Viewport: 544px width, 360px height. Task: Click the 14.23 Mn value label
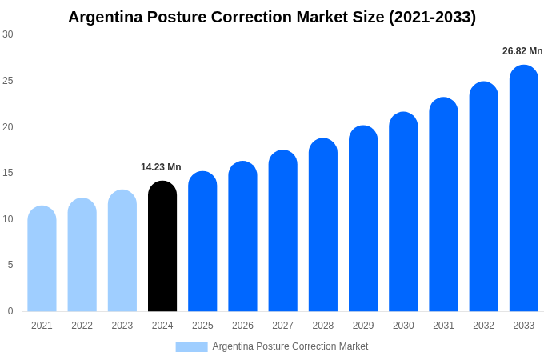point(161,167)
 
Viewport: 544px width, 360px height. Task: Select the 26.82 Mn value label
point(522,51)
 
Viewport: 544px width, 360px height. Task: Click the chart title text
point(272,17)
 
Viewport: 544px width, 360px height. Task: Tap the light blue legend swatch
point(191,346)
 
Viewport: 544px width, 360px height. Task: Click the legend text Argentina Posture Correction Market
point(290,346)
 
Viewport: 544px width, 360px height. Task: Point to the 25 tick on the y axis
point(8,81)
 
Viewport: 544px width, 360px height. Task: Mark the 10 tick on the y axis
point(8,218)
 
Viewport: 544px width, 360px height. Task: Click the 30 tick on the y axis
point(8,34)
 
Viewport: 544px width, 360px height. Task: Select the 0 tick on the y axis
point(10,310)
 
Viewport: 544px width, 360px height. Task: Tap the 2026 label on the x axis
point(242,326)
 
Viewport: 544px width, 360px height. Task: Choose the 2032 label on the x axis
point(483,326)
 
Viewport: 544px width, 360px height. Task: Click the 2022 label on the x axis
point(82,326)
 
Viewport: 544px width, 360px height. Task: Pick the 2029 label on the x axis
point(363,326)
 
